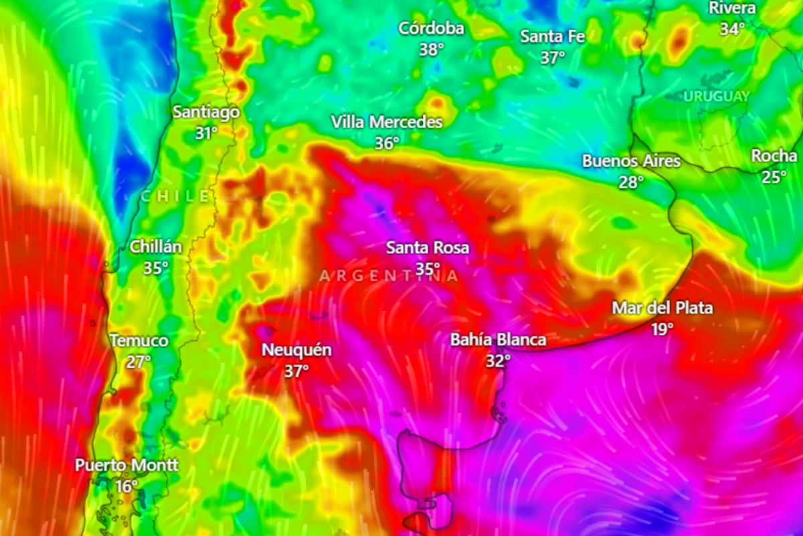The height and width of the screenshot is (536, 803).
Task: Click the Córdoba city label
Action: [431, 29]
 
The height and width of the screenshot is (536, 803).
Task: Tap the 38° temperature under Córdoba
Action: [432, 50]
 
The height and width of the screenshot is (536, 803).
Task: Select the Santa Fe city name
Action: [552, 36]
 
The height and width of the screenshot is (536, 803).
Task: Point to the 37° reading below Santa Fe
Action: [553, 58]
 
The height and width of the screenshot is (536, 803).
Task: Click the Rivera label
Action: [732, 8]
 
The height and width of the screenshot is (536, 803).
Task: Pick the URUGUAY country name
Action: [716, 96]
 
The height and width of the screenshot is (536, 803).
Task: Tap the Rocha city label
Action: [774, 156]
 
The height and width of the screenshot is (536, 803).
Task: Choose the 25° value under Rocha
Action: [774, 178]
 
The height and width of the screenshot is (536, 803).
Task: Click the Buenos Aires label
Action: [631, 161]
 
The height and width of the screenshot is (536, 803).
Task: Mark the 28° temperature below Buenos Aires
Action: [631, 182]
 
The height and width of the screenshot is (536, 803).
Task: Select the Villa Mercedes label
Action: [387, 123]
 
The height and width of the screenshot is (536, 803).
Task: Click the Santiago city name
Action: [206, 112]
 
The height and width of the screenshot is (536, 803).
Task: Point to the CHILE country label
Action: [175, 196]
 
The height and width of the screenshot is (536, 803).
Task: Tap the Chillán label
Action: [156, 247]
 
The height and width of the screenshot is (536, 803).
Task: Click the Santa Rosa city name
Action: [428, 248]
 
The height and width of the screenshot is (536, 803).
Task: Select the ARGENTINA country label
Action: [389, 275]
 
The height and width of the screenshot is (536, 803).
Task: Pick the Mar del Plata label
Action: [662, 308]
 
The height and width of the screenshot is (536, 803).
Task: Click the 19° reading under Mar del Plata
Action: [662, 329]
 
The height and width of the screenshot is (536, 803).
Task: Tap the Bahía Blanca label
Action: [499, 340]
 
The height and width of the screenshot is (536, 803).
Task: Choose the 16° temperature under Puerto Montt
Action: [126, 486]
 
